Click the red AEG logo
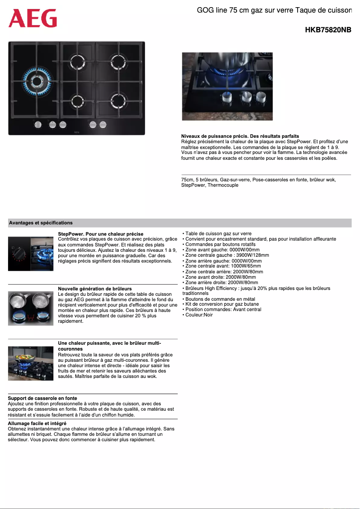(x=33, y=18)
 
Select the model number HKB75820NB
(x=328, y=30)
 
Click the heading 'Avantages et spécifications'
(x=40, y=223)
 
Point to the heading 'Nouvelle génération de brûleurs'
(x=95, y=289)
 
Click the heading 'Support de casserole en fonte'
(x=42, y=398)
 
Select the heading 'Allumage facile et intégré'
(x=37, y=423)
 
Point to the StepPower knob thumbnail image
(x=31, y=254)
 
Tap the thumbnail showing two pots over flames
(x=31, y=308)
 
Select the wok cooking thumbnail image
(x=31, y=363)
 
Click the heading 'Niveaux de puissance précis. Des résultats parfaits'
(x=240, y=136)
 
